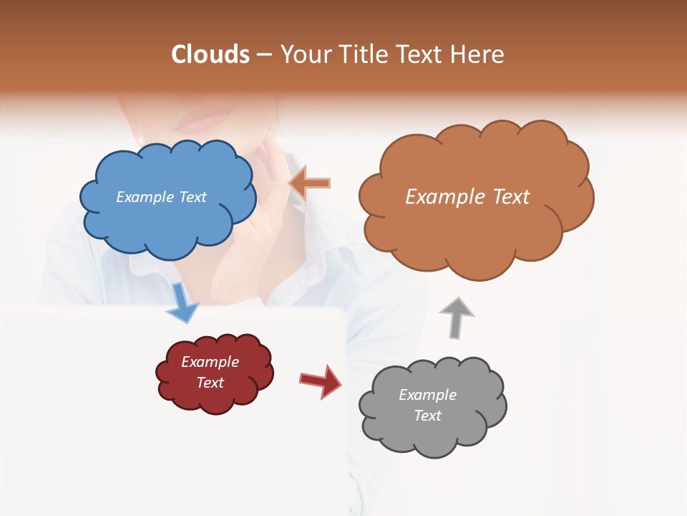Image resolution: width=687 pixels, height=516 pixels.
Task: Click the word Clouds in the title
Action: pos(211,54)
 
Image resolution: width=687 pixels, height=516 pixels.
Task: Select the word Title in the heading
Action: pos(362,54)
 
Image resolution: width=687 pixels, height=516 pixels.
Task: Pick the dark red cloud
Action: pos(214,394)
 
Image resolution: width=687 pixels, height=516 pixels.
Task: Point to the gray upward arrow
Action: pos(456,317)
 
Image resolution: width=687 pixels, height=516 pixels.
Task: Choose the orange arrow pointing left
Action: pos(310,183)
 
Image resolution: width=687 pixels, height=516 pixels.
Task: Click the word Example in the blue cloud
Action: pos(143,197)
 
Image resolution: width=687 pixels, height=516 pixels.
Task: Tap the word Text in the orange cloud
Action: pos(507,197)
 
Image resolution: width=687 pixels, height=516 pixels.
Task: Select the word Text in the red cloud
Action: pos(210,383)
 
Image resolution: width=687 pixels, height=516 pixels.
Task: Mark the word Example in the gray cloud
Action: pos(427,395)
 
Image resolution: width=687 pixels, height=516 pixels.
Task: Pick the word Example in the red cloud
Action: pos(210,362)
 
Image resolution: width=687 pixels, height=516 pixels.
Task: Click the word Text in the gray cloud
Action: pos(427,416)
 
